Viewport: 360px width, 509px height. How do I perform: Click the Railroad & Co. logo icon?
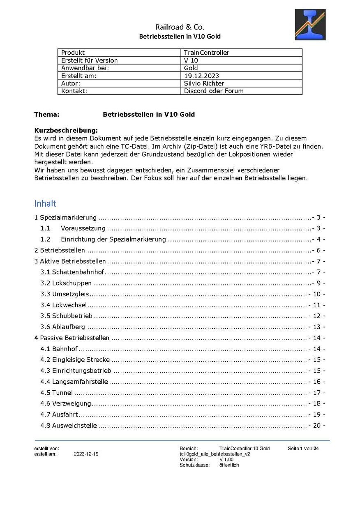pos(310,25)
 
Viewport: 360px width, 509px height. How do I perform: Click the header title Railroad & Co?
pos(180,27)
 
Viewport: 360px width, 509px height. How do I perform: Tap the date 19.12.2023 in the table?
pos(202,76)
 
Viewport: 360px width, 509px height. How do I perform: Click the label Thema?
pos(47,115)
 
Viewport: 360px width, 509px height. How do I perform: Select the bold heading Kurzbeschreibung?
pos(66,131)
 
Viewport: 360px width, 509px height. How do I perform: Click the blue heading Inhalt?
pos(45,203)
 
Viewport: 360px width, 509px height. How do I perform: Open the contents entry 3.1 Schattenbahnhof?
pos(72,272)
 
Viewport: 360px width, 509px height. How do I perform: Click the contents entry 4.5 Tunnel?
pos(57,393)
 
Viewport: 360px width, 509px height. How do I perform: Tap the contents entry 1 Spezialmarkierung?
pos(65,217)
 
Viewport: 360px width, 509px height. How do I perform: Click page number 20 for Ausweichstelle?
pos(316,426)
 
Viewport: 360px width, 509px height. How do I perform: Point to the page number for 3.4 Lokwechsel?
pos(316,305)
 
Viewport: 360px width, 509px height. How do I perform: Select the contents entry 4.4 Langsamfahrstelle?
pos(74,382)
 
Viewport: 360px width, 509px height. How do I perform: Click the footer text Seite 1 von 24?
pos(303,448)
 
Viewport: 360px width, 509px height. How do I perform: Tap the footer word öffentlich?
pos(229,465)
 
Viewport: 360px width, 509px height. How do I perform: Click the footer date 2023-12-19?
pos(86,454)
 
